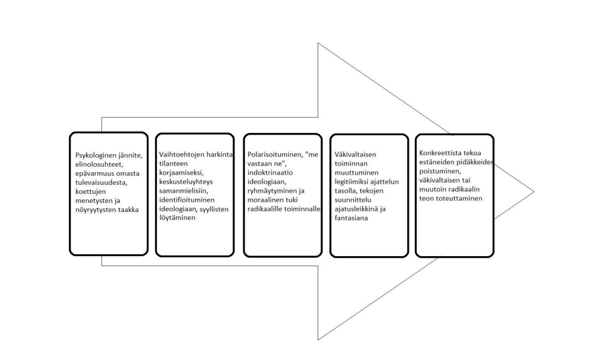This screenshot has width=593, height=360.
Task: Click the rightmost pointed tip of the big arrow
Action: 534,191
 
